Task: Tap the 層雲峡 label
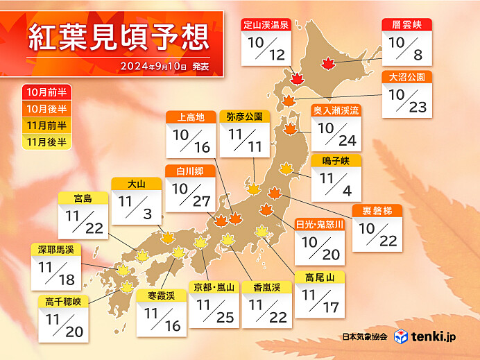(407, 24)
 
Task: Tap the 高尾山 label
(319, 277)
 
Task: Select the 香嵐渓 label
(267, 286)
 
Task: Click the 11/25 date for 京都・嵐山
(214, 311)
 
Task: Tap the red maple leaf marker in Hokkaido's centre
(327, 64)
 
